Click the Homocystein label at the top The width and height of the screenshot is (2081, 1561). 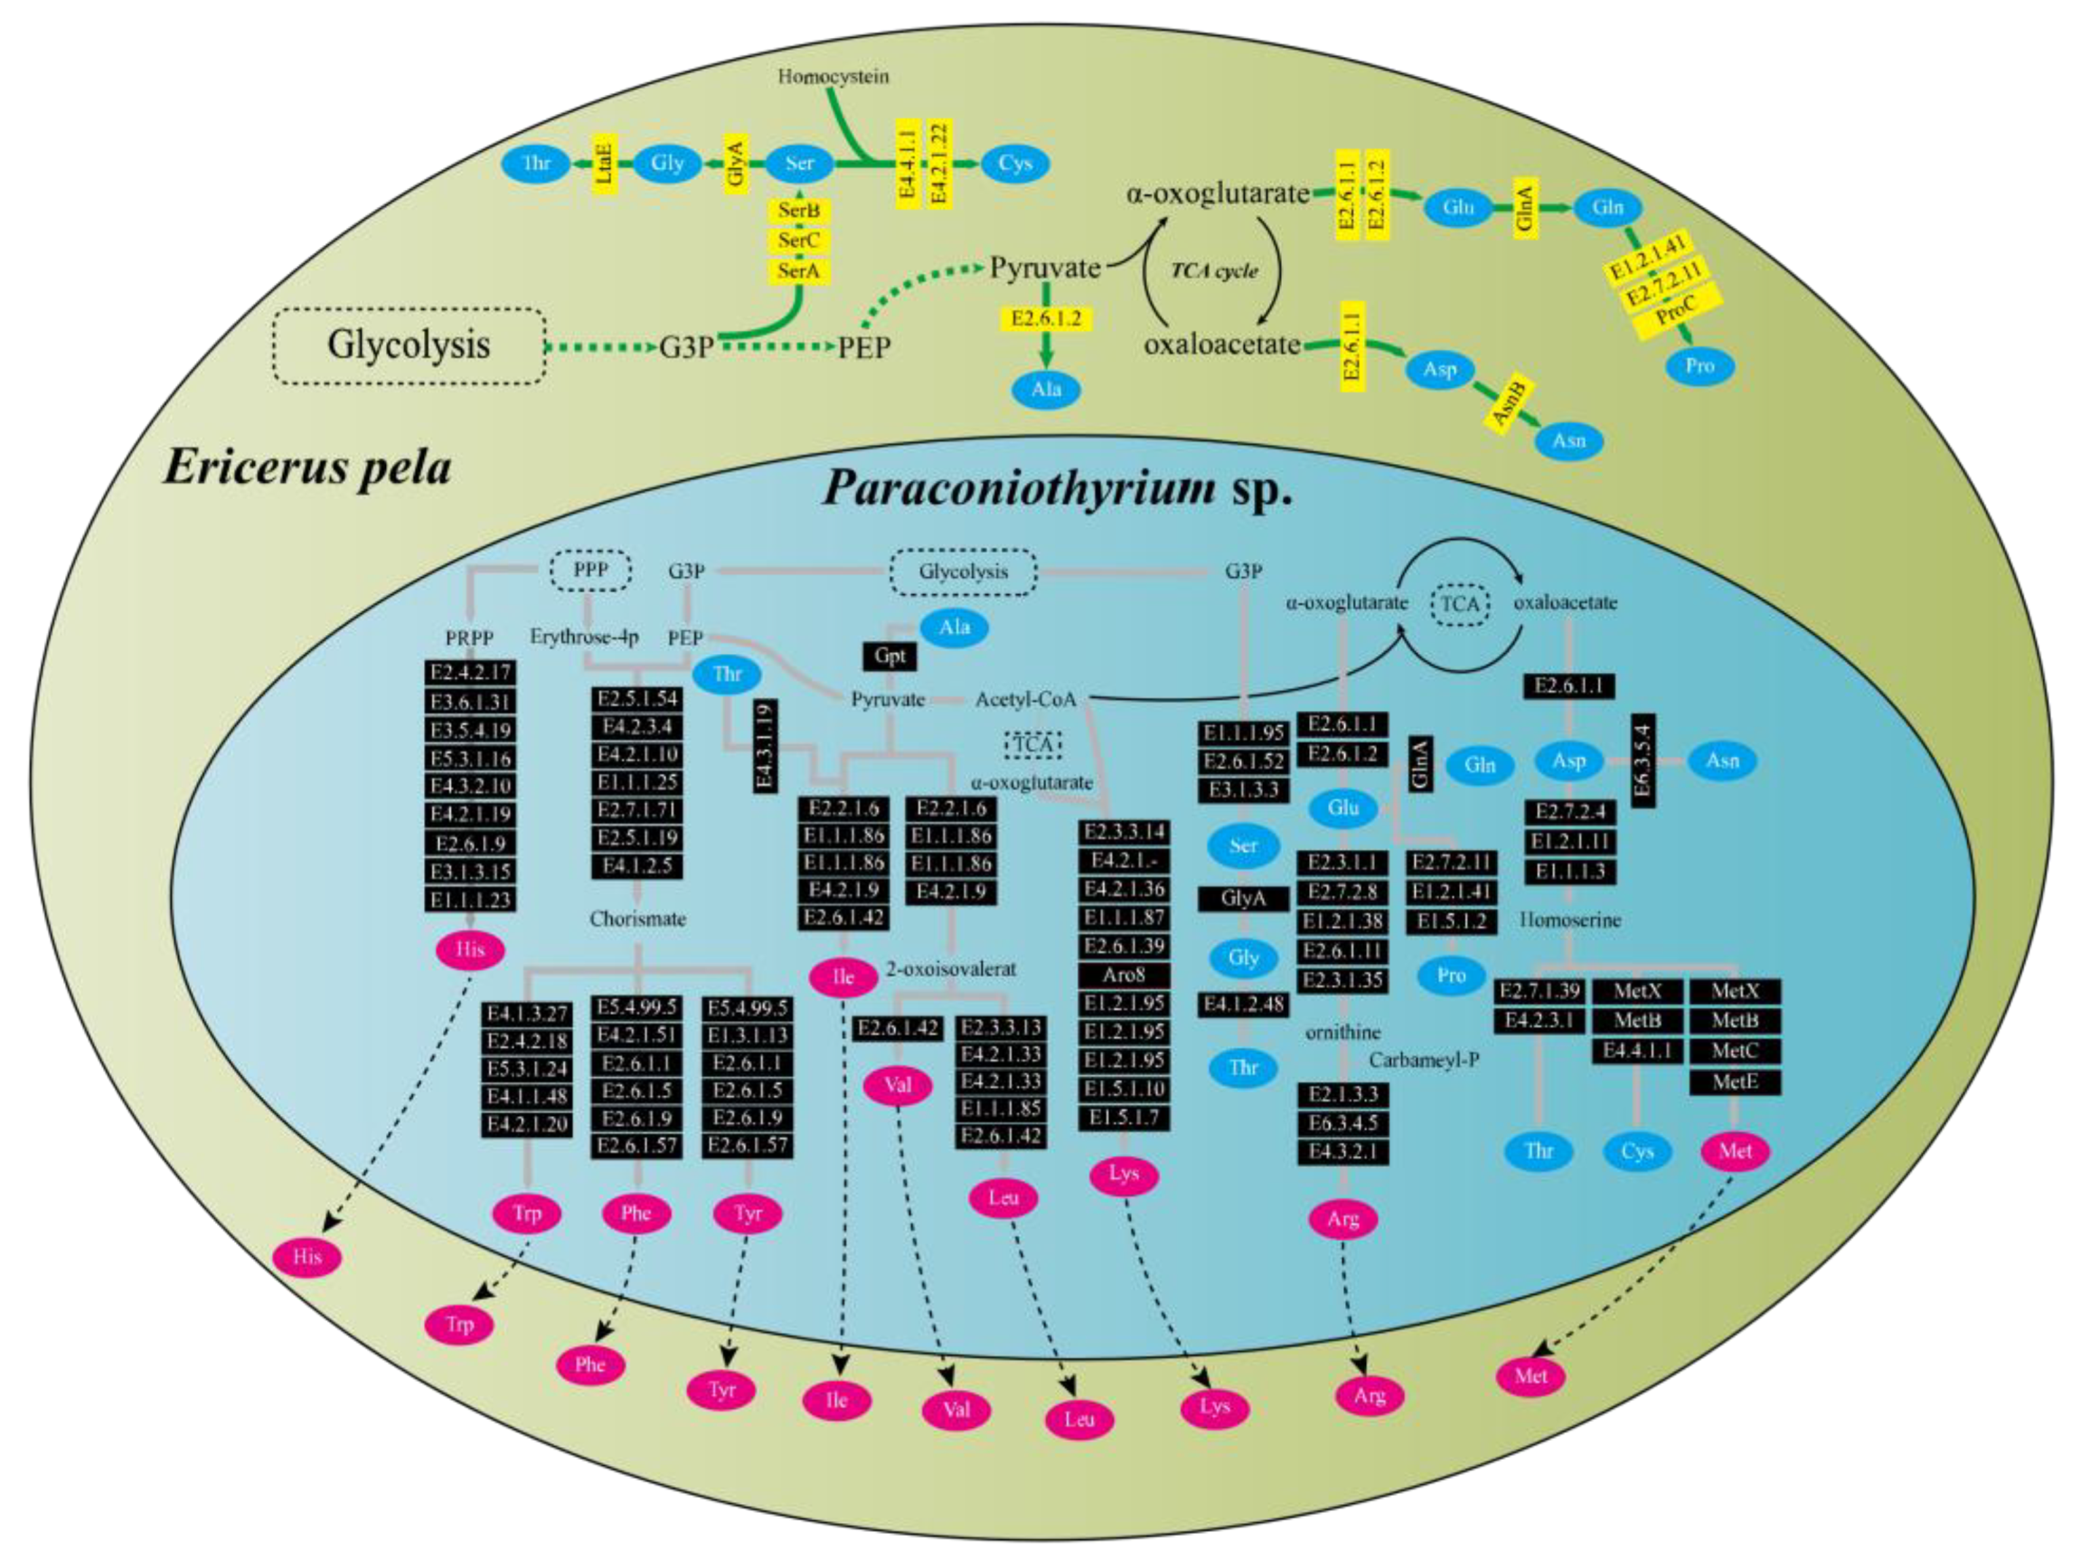click(x=833, y=76)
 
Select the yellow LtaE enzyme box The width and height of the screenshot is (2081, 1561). click(x=605, y=164)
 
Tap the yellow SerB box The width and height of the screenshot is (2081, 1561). click(x=799, y=210)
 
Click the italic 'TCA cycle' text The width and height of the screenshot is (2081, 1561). click(x=1213, y=271)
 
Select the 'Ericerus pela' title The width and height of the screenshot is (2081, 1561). click(x=306, y=468)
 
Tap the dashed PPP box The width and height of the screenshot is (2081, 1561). click(x=590, y=569)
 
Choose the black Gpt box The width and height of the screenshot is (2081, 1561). click(x=889, y=656)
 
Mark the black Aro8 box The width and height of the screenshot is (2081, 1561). click(x=1124, y=975)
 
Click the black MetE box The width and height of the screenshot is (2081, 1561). click(x=1735, y=1082)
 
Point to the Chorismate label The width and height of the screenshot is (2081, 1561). click(x=637, y=918)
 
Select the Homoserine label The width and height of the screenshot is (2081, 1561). click(x=1570, y=919)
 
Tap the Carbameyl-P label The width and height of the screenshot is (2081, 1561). click(x=1424, y=1059)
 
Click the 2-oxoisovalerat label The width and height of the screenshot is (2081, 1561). click(x=951, y=969)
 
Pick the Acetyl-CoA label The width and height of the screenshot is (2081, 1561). click(x=1024, y=699)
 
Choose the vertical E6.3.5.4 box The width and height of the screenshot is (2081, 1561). click(x=1643, y=761)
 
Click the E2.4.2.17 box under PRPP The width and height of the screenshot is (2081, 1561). click(x=470, y=673)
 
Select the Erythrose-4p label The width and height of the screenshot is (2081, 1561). click(x=583, y=637)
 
